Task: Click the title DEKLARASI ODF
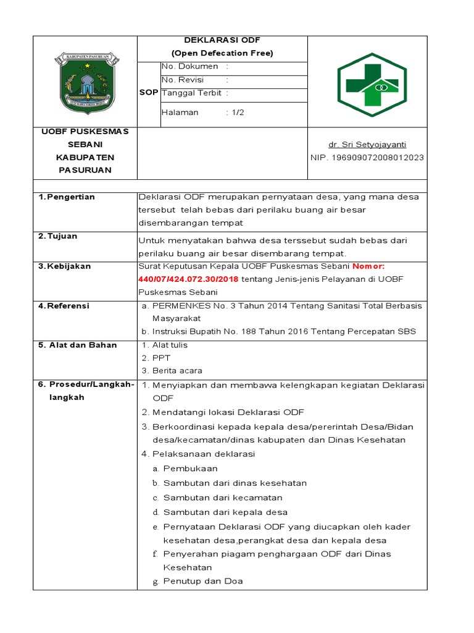tap(222, 40)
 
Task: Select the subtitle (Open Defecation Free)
tap(222, 53)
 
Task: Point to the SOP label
tap(149, 92)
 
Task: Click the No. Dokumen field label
tap(189, 66)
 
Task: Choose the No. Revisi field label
tap(182, 80)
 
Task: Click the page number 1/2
tap(237, 113)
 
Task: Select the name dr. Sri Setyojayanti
tap(367, 145)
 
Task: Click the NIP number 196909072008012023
tap(367, 158)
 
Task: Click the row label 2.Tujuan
tap(60, 236)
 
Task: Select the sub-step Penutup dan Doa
tap(203, 581)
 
